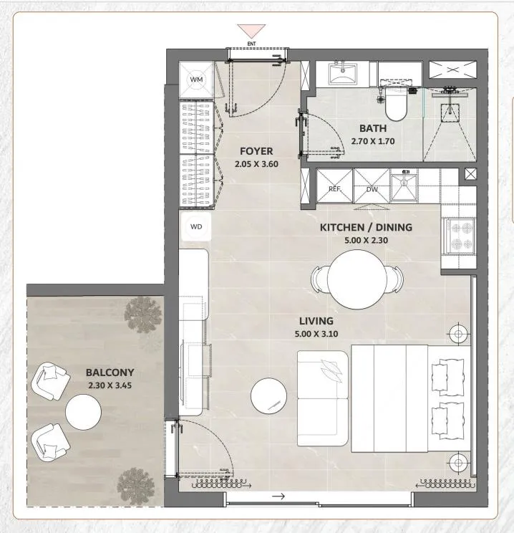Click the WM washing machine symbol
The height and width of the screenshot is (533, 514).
(x=196, y=80)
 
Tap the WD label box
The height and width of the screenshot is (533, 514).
(x=196, y=226)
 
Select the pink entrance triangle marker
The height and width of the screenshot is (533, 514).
(x=251, y=31)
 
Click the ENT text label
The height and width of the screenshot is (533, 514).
(x=251, y=44)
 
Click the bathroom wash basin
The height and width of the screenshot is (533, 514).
(x=343, y=73)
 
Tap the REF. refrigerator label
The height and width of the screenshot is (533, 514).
(x=334, y=189)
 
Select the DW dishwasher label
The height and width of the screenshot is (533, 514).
(x=372, y=190)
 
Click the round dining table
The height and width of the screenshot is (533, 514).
(x=357, y=279)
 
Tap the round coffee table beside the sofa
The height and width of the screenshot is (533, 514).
(x=268, y=396)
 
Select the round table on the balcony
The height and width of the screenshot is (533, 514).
(x=83, y=412)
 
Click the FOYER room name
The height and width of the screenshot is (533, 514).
(x=256, y=151)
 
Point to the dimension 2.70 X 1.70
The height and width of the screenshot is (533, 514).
(x=373, y=141)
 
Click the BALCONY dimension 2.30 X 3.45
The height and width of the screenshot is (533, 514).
(x=110, y=385)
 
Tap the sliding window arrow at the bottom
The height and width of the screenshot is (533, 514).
(x=278, y=496)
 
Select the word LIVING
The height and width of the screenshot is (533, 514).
(x=316, y=321)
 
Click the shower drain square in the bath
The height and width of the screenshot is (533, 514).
(x=450, y=113)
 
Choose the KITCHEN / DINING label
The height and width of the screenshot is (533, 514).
(x=367, y=227)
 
